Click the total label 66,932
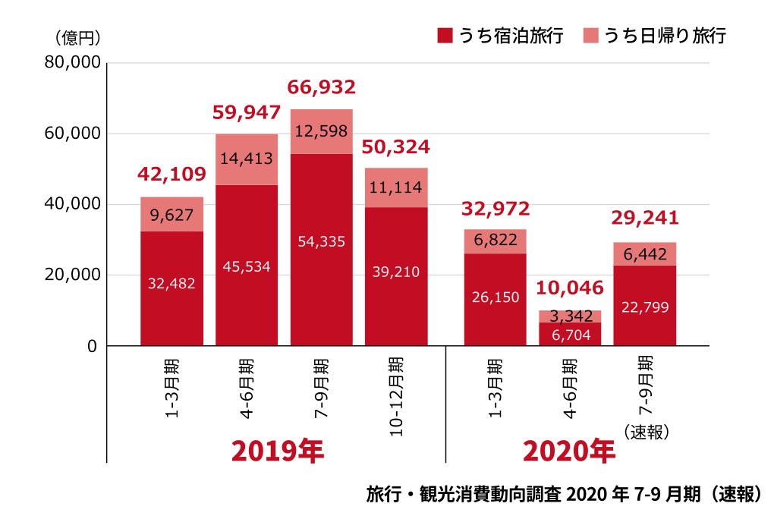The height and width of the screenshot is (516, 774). pyautogui.click(x=322, y=87)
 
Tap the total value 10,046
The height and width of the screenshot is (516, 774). pyautogui.click(x=570, y=288)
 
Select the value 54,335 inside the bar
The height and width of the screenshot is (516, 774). pyautogui.click(x=322, y=242)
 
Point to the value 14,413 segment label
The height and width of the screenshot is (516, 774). pyautogui.click(x=247, y=159)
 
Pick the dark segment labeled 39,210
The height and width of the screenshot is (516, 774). pyautogui.click(x=396, y=272)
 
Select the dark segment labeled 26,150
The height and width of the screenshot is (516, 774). pyautogui.click(x=496, y=297)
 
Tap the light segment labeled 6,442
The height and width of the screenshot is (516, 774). pyautogui.click(x=644, y=254)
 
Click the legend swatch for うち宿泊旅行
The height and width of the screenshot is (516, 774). pyautogui.click(x=445, y=36)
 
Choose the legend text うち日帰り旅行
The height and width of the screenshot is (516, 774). pyautogui.click(x=665, y=36)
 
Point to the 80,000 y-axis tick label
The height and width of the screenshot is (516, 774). pyautogui.click(x=73, y=63)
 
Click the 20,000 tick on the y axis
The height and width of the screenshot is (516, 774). pyautogui.click(x=73, y=275)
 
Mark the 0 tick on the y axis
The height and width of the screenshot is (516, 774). pyautogui.click(x=92, y=346)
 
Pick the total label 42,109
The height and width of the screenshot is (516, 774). pyautogui.click(x=171, y=175)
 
